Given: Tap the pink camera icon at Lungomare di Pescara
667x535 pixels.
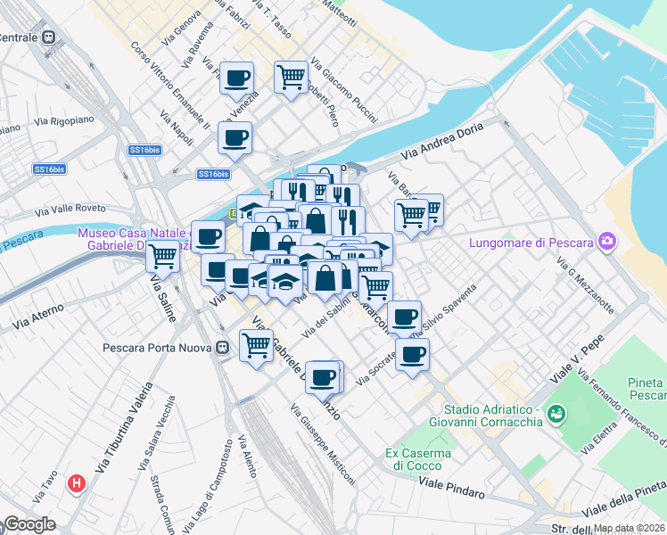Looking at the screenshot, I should [x=608, y=241].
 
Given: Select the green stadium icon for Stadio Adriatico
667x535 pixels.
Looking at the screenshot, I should [x=557, y=414].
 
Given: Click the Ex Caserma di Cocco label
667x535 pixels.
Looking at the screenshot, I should [x=418, y=459].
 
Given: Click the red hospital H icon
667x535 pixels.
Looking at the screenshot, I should [x=78, y=483].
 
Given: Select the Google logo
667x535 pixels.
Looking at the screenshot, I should [x=29, y=524].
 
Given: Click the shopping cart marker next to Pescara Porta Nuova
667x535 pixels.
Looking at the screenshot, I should [x=257, y=343].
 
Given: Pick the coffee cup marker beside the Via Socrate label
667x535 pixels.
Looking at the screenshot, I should [x=412, y=355].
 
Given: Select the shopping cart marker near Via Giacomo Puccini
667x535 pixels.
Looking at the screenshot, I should [x=291, y=78].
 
